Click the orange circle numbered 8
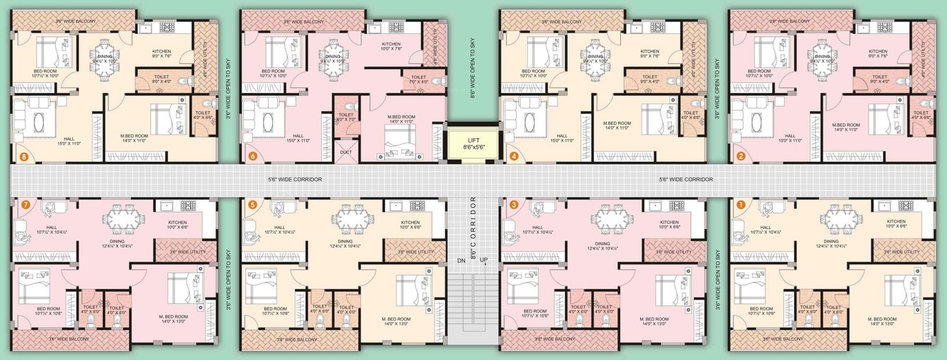tap(25, 157)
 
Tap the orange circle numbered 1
tap(741, 204)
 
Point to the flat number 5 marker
tap(252, 204)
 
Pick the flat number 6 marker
tap(252, 157)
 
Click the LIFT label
tap(473, 140)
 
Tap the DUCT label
tap(346, 152)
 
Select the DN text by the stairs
tap(461, 260)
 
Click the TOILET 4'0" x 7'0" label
tap(346, 117)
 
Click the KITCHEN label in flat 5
tap(410, 223)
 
